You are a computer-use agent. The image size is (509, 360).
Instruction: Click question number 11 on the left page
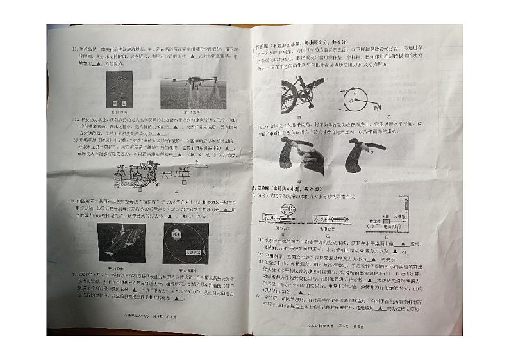(x=74, y=49)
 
